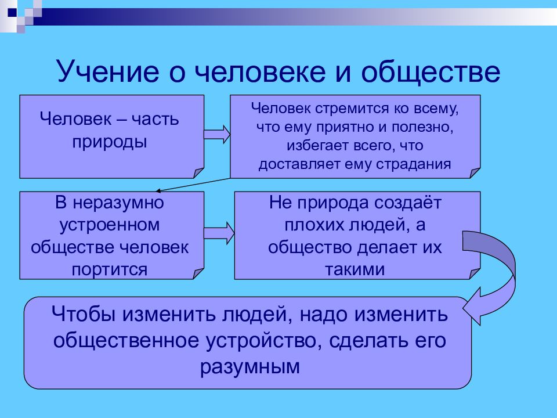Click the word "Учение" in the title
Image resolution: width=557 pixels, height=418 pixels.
[x=108, y=72]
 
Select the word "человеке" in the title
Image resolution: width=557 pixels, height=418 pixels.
[x=260, y=72]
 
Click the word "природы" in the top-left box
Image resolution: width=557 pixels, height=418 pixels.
[x=110, y=142]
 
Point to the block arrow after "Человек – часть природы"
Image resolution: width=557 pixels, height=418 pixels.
[x=217, y=134]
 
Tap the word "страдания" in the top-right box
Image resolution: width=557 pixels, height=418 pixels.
[x=414, y=164]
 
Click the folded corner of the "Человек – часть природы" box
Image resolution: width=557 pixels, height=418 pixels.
[x=198, y=173]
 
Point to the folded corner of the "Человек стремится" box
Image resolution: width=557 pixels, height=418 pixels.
[x=475, y=173]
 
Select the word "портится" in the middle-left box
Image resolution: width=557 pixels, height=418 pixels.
[x=110, y=270]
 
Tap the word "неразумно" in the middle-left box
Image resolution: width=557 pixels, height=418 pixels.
[x=118, y=203]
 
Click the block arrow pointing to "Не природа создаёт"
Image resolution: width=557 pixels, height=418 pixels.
[x=219, y=233]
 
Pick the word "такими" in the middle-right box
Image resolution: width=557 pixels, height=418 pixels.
[x=355, y=269]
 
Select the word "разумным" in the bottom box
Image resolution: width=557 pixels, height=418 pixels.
[x=250, y=367]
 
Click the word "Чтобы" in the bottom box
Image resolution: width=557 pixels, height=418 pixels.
[x=84, y=314]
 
